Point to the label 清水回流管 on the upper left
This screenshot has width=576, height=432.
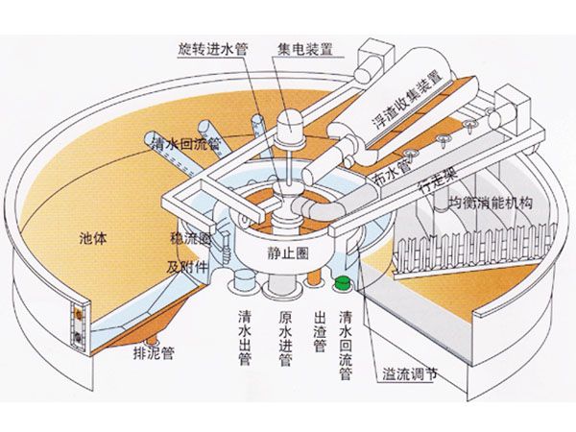pyautogui.click(x=186, y=144)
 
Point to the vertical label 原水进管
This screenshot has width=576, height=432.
pyautogui.click(x=284, y=337)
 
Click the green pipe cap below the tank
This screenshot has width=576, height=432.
pyautogui.click(x=342, y=283)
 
